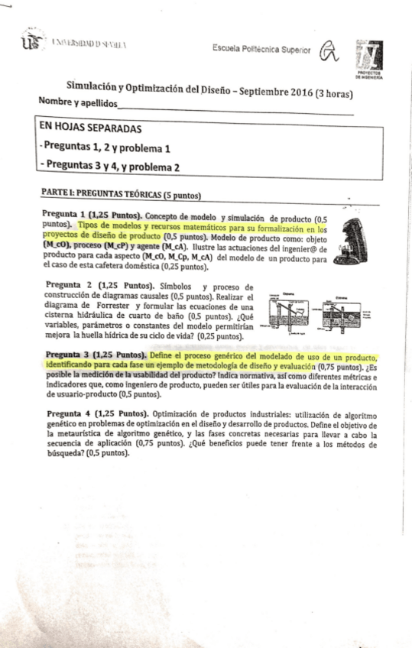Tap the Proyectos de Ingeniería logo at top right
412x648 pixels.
(370, 58)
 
